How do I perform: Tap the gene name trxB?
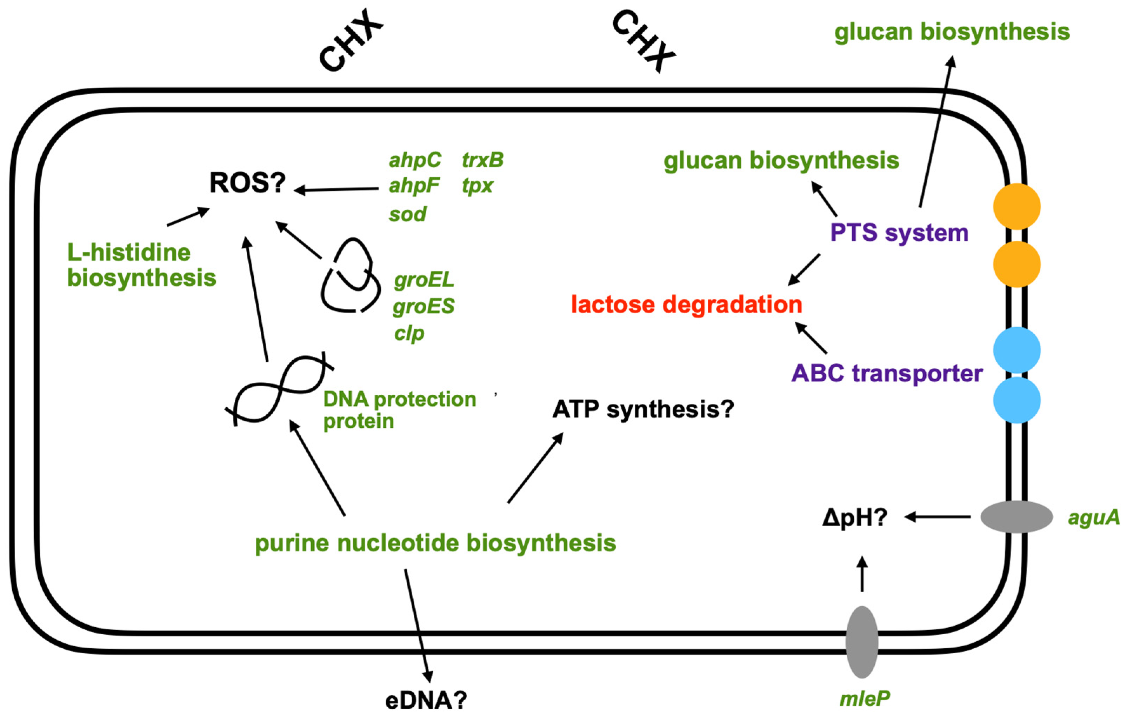482,160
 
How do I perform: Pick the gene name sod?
407,214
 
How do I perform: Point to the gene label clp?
409,334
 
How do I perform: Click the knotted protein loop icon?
350,276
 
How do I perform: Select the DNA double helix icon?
279,389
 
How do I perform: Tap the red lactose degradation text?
686,305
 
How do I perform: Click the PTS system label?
899,233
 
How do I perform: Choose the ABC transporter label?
886,373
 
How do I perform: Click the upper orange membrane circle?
1016,206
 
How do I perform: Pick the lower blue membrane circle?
1016,400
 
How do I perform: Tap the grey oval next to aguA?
1016,516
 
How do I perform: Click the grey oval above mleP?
862,642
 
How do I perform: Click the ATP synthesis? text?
642,409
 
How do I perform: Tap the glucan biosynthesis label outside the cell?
952,32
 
